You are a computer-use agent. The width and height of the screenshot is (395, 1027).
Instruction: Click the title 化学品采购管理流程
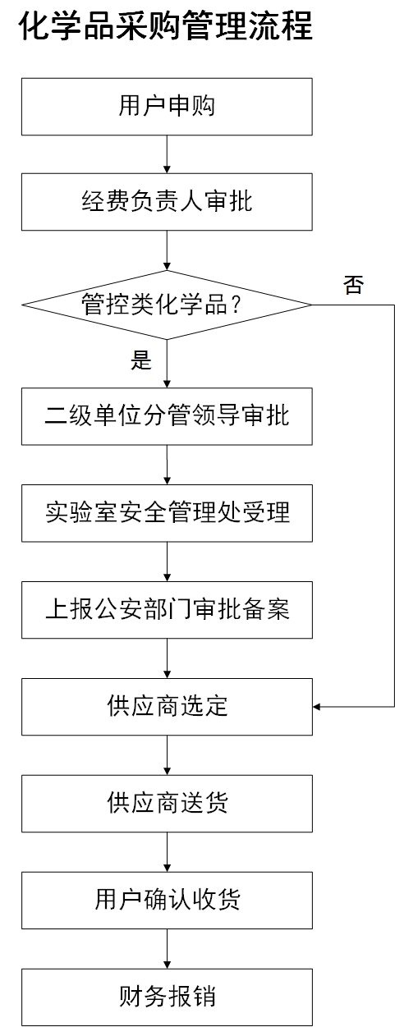[166, 25]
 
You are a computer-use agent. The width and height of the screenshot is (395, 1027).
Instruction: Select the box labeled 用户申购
[167, 107]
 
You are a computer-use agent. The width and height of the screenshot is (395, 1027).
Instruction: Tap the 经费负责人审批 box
[167, 202]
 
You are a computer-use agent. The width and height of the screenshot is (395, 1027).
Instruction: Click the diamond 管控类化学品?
[167, 305]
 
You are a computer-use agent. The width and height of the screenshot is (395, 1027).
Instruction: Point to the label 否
[353, 284]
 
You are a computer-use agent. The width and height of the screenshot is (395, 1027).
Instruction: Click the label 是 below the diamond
[141, 360]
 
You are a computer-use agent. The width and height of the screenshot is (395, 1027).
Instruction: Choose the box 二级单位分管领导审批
[167, 416]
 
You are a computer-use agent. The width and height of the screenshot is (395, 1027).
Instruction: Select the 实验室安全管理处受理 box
[167, 513]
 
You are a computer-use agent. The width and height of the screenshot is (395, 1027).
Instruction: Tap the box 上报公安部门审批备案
[167, 610]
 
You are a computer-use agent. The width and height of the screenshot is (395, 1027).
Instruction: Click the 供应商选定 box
[167, 707]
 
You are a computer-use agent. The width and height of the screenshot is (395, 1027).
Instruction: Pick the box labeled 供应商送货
[167, 803]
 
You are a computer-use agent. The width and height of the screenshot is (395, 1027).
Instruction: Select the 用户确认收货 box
[167, 900]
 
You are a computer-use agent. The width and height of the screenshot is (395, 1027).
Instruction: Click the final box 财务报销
[167, 997]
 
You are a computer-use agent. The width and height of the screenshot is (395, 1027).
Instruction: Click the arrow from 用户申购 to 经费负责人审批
[167, 154]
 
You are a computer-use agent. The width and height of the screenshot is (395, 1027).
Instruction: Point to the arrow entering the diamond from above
[167, 250]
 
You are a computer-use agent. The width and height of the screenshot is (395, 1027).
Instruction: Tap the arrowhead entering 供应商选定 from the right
[316, 707]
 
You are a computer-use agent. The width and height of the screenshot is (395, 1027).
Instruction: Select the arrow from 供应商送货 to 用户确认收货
[167, 852]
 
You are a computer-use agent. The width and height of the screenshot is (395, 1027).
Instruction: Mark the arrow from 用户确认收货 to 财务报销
[167, 948]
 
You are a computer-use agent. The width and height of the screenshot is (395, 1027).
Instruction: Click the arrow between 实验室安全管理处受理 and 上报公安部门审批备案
[167, 562]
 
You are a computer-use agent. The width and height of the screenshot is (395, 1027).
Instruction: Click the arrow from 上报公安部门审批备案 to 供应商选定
[167, 658]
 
